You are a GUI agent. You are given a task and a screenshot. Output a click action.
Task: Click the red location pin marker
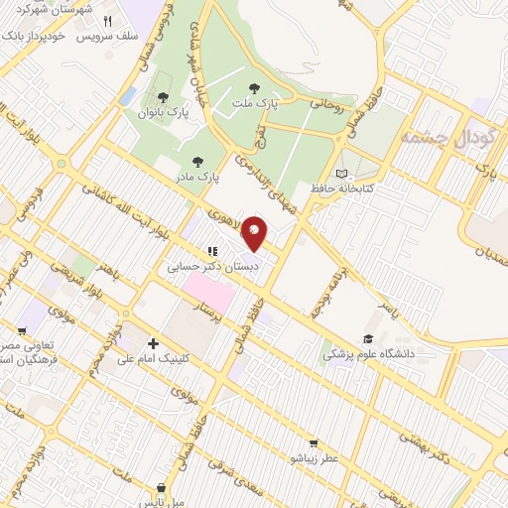pyautogui.click(x=255, y=232)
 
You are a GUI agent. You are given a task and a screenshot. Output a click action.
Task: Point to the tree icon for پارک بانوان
pyautogui.click(x=162, y=97)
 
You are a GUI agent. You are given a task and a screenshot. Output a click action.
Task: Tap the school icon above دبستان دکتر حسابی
pyautogui.click(x=210, y=252)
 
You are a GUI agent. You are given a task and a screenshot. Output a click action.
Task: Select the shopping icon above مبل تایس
pyautogui.click(x=161, y=487)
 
